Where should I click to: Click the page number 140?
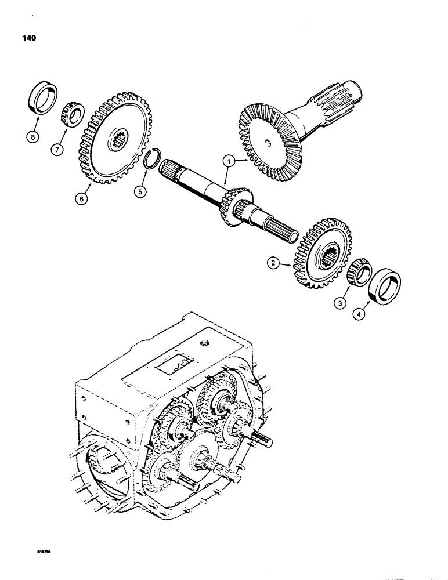click(x=27, y=38)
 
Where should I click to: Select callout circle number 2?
click(x=273, y=263)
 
